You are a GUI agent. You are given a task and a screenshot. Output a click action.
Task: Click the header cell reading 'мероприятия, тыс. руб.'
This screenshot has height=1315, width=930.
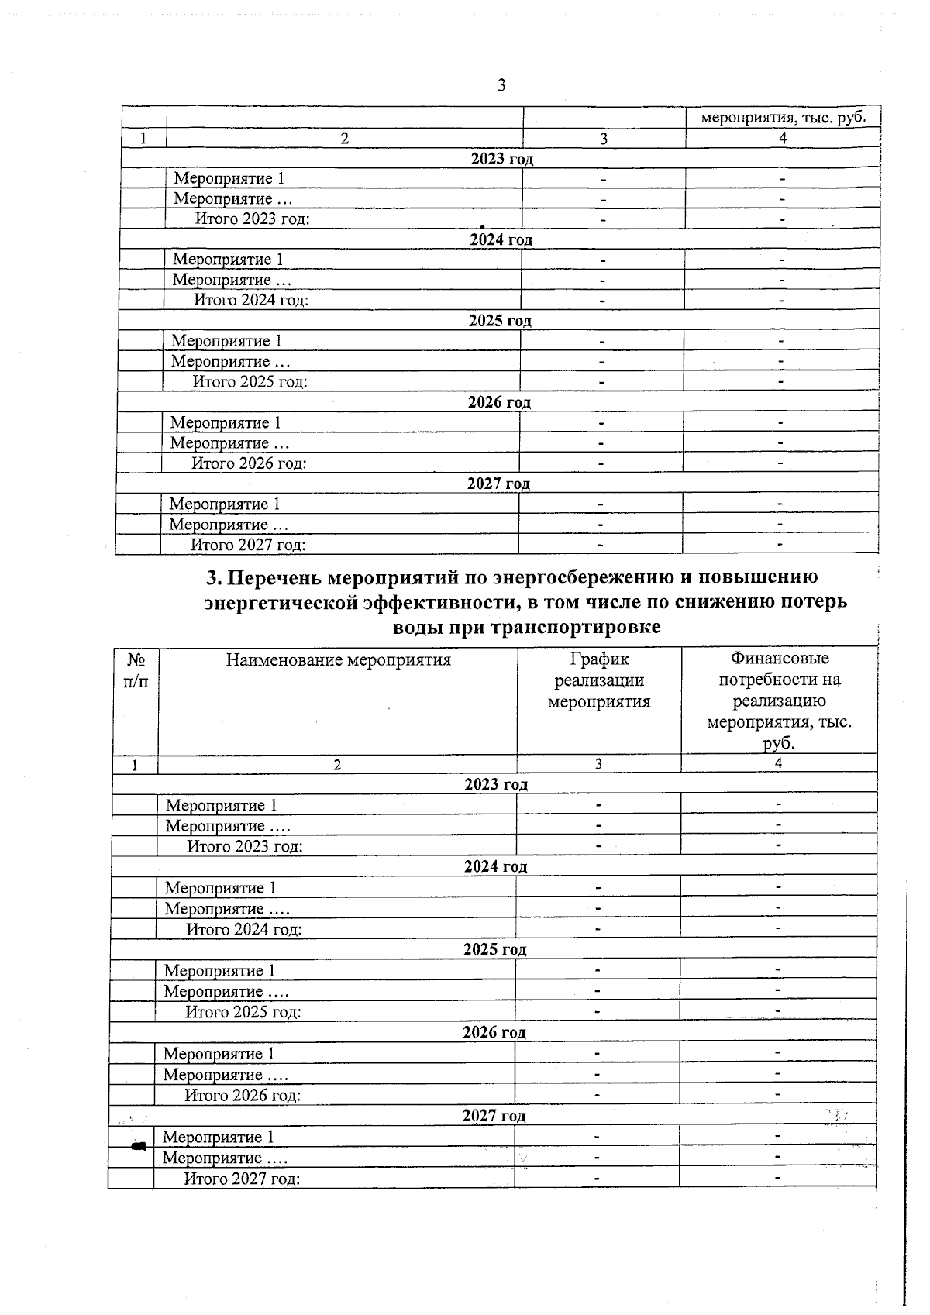(782, 118)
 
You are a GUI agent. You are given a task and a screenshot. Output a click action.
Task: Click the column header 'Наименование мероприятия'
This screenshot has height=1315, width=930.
(338, 660)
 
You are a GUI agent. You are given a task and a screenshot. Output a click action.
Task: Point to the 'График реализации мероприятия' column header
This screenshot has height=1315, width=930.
(598, 680)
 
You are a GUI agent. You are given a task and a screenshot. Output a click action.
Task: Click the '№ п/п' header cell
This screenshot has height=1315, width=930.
(136, 670)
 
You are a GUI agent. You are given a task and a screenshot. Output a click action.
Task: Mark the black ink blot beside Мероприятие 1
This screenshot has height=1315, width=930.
(139, 1145)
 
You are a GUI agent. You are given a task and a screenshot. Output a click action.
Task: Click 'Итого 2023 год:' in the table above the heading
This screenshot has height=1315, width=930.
(252, 219)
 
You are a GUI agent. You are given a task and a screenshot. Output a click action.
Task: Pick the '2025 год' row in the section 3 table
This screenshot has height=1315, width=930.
(494, 949)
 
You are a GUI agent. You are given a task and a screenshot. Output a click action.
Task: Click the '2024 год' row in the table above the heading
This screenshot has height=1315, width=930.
(501, 239)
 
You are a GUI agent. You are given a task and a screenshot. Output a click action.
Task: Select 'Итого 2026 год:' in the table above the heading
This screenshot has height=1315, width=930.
(249, 463)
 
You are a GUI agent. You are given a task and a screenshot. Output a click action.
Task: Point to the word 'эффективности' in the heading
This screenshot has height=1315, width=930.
(438, 602)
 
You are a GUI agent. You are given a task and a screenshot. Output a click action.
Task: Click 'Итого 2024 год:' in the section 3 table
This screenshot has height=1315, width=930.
(243, 929)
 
